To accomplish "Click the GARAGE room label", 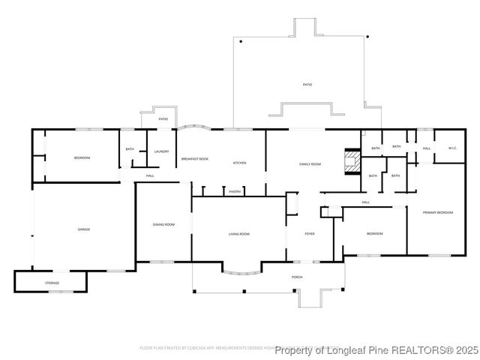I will click(x=83, y=229).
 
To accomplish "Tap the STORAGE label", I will click(x=52, y=283).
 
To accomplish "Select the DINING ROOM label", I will click(x=163, y=224).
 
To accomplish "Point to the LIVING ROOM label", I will click(x=239, y=234).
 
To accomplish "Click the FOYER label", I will click(x=309, y=234).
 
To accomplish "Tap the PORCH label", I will click(x=296, y=277).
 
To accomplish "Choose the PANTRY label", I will click(x=235, y=191).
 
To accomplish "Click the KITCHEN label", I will click(x=239, y=163).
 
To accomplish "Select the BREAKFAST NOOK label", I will click(x=195, y=159).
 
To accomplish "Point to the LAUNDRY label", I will click(x=161, y=151).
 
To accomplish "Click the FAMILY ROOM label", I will click(x=310, y=163).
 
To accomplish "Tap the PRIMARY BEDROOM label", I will click(x=437, y=213).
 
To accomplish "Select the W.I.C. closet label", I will click(x=452, y=148).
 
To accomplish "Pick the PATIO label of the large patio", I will click(x=307, y=85).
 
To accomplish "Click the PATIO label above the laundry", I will click(x=163, y=119).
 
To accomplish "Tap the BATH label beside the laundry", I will click(x=130, y=149).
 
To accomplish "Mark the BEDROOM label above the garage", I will click(x=82, y=157).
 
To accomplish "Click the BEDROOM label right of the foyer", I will click(x=374, y=234).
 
